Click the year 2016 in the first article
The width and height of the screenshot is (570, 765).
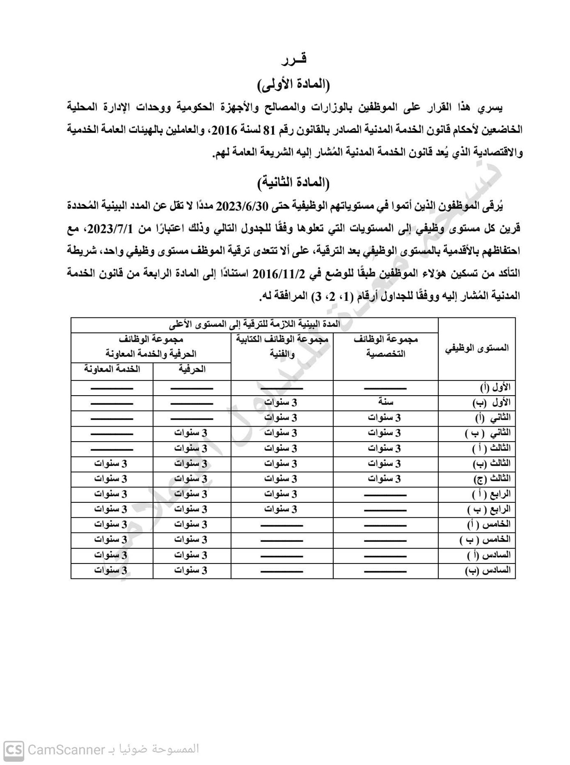(x=223, y=130)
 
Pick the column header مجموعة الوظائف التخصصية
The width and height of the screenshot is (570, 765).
(x=386, y=346)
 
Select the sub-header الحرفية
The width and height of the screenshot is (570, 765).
(x=192, y=369)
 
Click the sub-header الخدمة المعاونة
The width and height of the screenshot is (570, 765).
(x=112, y=369)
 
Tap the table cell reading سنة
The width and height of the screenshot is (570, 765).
(x=386, y=402)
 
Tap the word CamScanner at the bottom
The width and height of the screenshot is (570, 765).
(x=66, y=750)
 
